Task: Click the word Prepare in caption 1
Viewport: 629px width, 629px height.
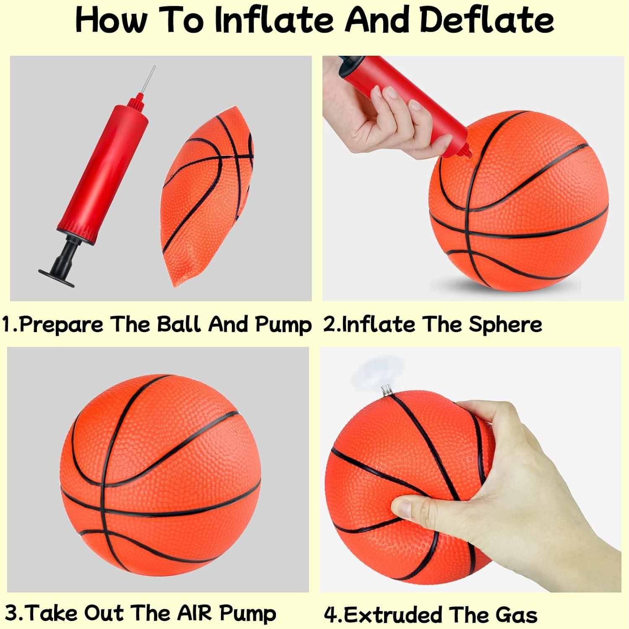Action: coord(61,325)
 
